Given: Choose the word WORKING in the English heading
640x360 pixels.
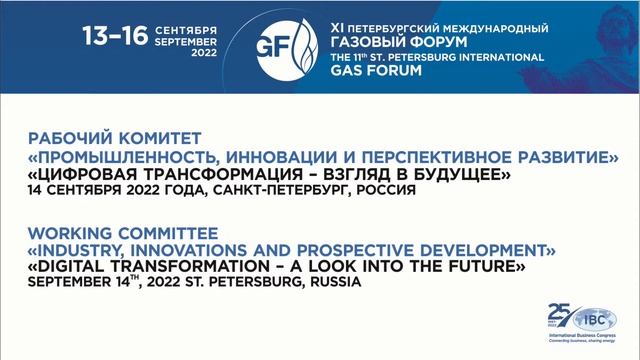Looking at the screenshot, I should [x=70, y=231].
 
